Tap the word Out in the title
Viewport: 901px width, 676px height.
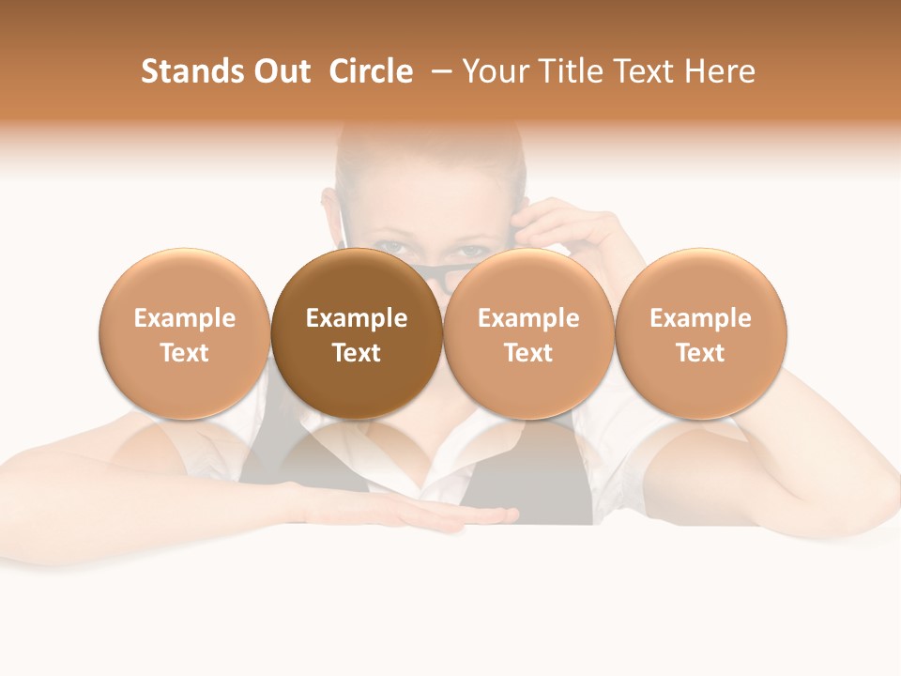click(280, 71)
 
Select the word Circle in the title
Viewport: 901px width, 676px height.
click(371, 71)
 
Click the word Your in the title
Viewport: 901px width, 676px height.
click(496, 71)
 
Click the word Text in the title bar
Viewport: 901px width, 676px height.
click(647, 71)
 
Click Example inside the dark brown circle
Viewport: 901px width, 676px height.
click(357, 318)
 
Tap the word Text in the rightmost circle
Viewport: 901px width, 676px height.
click(700, 353)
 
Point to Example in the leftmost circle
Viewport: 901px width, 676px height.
click(185, 318)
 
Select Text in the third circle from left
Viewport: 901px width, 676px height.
click(528, 353)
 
